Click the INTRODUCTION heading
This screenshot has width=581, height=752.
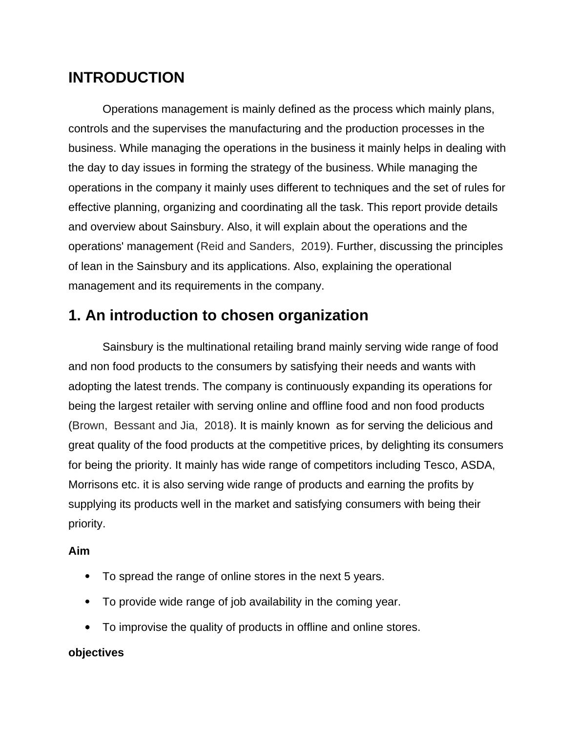tap(126, 78)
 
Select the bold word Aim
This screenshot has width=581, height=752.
tap(79, 551)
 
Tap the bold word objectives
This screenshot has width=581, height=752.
tap(96, 652)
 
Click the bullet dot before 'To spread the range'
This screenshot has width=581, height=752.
tap(87, 576)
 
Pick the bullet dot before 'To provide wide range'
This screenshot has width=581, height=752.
tap(87, 602)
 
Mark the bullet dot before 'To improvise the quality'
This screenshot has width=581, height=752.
tap(87, 627)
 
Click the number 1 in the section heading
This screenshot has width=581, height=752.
tap(73, 315)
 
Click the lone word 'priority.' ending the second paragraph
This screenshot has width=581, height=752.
tap(87, 523)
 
